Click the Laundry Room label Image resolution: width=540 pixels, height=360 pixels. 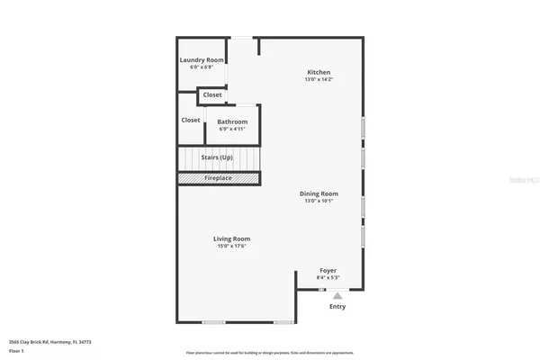(x=202, y=60)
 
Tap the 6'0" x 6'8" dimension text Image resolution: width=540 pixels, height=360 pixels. (x=202, y=67)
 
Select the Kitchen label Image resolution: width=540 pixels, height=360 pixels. (x=319, y=72)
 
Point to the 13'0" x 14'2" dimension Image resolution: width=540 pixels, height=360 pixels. (x=319, y=79)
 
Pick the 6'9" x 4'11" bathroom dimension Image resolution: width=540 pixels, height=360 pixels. (x=232, y=128)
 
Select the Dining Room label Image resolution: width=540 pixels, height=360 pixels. (x=319, y=193)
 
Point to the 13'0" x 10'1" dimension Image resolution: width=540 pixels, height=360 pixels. (x=319, y=200)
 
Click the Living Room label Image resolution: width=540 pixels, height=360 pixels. (x=230, y=238)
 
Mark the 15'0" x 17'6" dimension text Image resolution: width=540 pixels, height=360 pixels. (x=230, y=246)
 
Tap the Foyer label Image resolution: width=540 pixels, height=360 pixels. (x=329, y=270)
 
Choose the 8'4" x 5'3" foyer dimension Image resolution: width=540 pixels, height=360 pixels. (x=329, y=278)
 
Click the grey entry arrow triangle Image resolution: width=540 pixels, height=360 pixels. (x=337, y=294)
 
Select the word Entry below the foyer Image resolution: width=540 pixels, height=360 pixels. (x=337, y=307)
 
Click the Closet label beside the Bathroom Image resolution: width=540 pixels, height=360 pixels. (x=191, y=120)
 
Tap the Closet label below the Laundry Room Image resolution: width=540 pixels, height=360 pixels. (x=212, y=94)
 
